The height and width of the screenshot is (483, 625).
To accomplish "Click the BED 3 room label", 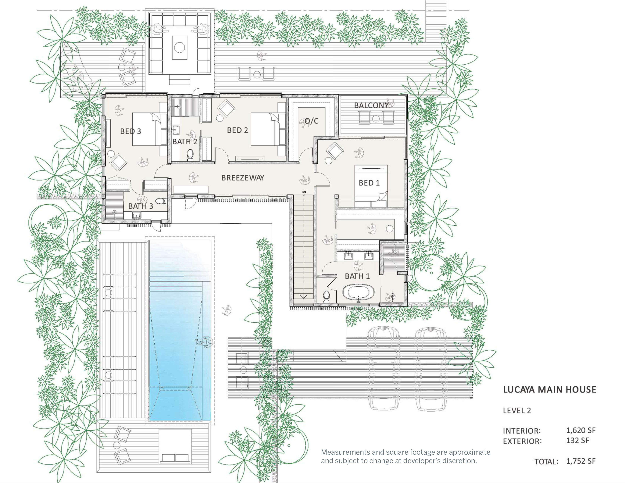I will (130, 131).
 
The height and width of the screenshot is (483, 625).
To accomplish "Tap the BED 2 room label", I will (237, 130).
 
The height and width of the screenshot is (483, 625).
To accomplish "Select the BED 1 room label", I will (369, 183).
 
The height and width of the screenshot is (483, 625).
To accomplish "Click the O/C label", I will (312, 121).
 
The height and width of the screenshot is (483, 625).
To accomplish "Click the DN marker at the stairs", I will (304, 192).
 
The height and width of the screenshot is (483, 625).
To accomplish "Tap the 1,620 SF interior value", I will (581, 430).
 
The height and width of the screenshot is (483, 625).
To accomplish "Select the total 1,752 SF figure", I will (581, 461).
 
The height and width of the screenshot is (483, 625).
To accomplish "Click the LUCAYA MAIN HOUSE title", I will (549, 390).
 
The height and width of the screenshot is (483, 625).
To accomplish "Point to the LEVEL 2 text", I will (517, 411).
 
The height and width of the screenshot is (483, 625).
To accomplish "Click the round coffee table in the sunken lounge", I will (179, 48).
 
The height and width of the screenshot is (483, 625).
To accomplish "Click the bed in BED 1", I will (371, 186).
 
